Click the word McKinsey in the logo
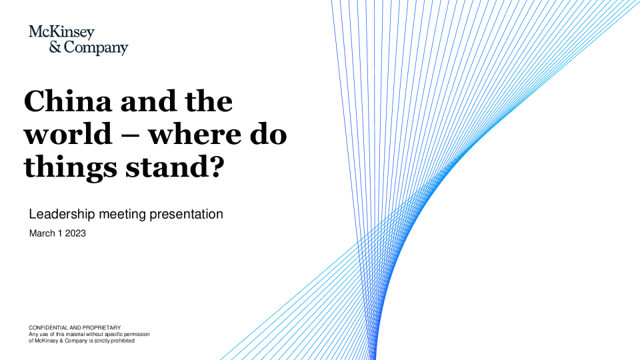61,32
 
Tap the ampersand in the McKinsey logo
55,47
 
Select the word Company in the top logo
96,48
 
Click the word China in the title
68,101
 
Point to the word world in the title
68,134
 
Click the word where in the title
194,134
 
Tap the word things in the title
70,168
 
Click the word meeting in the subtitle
123,214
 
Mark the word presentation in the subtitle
186,214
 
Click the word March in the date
42,233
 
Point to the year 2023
75,233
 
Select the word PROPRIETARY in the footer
101,328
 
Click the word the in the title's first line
209,101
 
